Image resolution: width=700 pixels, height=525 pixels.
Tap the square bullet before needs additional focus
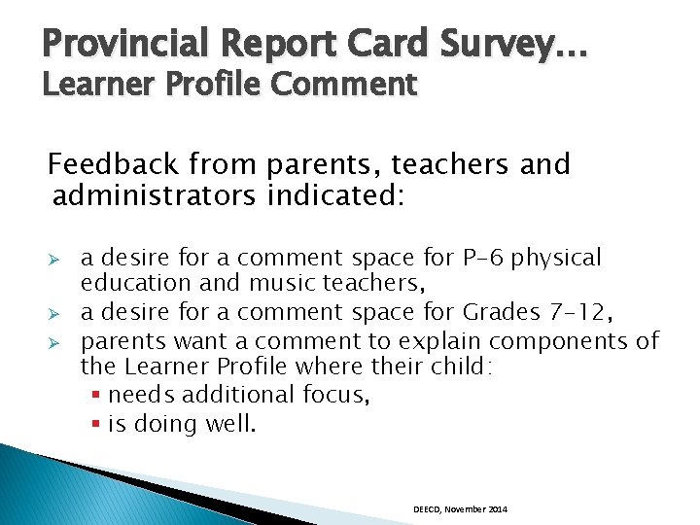98,396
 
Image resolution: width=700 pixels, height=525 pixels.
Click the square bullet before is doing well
98,424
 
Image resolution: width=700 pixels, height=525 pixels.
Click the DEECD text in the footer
427,509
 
